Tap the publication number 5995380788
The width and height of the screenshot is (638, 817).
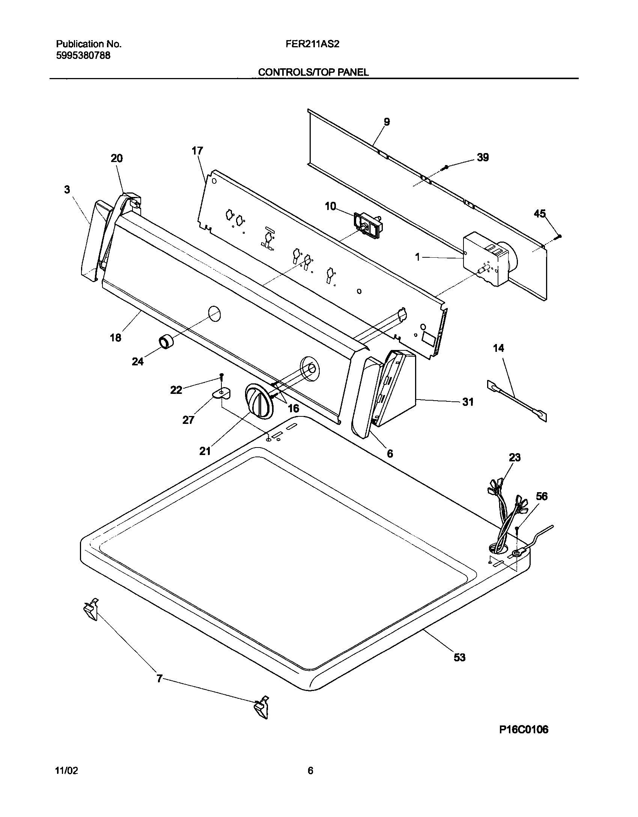pyautogui.click(x=83, y=56)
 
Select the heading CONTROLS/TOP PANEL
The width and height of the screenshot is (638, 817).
pyautogui.click(x=313, y=72)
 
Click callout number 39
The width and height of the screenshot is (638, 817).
pyautogui.click(x=483, y=158)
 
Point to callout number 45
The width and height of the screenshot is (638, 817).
pyautogui.click(x=540, y=214)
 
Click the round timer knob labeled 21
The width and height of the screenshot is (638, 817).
pyautogui.click(x=258, y=402)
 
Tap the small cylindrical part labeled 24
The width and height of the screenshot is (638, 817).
pyautogui.click(x=166, y=342)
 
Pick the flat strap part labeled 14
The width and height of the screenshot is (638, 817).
pyautogui.click(x=516, y=401)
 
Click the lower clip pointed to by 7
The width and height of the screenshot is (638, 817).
pyautogui.click(x=262, y=707)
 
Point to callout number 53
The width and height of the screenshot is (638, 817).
pyautogui.click(x=460, y=657)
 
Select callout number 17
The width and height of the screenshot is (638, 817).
pyautogui.click(x=197, y=151)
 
